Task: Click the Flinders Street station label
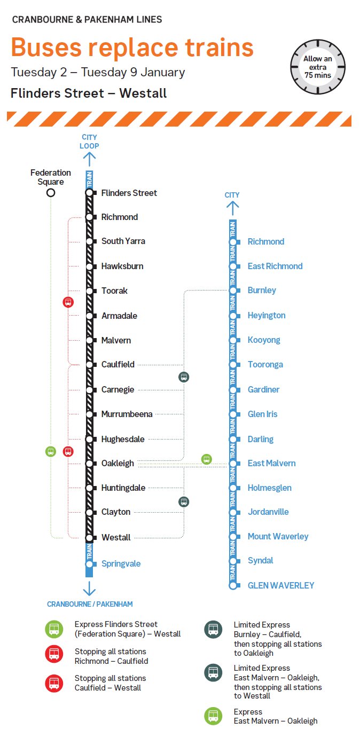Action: tap(129, 193)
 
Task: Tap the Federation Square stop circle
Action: tap(51, 193)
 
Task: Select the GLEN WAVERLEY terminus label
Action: tap(281, 585)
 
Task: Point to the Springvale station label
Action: tap(121, 563)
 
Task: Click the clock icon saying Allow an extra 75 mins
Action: tap(318, 66)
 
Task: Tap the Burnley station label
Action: tap(262, 291)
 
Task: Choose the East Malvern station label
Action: tap(271, 463)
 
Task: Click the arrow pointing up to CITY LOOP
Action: tap(89, 159)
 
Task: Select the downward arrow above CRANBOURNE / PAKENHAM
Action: tap(89, 588)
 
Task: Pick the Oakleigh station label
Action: tap(118, 463)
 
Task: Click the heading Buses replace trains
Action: tap(132, 47)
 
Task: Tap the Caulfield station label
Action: tap(118, 364)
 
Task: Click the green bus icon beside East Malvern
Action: tap(206, 459)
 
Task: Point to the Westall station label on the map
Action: tap(116, 537)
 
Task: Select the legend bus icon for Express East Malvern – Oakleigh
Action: tap(213, 716)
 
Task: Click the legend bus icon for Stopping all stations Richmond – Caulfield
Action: tap(54, 655)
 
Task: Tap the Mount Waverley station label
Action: tap(278, 536)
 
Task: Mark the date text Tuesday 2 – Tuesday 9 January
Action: tap(98, 72)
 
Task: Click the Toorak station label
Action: tap(114, 291)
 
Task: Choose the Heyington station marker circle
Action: tap(232, 316)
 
